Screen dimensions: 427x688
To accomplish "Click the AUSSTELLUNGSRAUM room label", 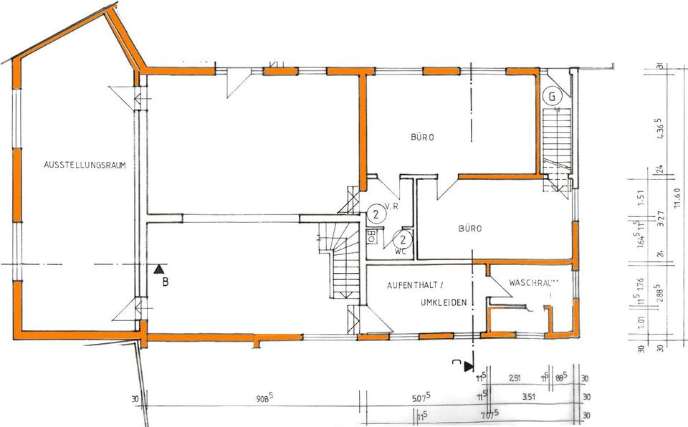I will coord(85,165).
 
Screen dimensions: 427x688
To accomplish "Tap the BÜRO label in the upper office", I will coord(423,137).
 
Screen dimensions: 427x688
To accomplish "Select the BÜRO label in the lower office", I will coord(470,229).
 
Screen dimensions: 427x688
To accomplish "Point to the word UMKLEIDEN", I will coord(444,303).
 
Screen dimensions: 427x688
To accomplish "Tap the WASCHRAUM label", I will coord(533,283).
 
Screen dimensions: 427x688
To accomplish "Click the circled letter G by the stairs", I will coord(552,96).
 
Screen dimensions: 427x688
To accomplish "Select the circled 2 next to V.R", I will coord(375,213).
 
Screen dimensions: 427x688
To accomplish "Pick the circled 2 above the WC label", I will coord(403,239).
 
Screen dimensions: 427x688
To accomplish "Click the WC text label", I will coord(400,251).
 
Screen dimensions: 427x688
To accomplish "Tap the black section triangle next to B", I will coord(158,269).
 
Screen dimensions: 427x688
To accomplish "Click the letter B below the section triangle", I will coord(165,282).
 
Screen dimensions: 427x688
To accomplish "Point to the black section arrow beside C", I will coord(469,366).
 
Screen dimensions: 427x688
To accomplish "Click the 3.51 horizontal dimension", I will coord(530,396).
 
